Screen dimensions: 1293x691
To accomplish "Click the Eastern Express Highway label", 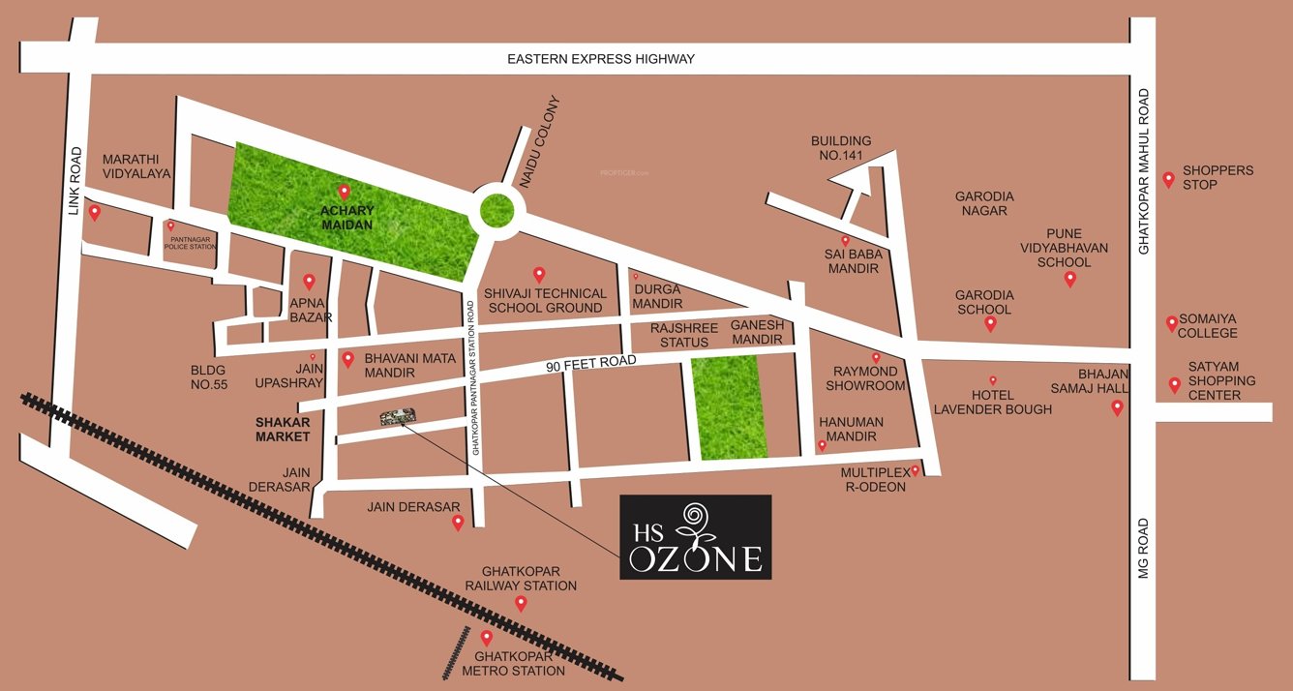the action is pos(601,59).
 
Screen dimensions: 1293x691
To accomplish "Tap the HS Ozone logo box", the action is pos(695,537).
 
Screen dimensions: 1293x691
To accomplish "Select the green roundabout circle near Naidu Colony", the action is pos(496,210).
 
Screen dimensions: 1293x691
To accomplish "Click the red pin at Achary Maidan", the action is pos(343,192).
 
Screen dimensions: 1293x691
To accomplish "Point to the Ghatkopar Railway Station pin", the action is pos(521,604).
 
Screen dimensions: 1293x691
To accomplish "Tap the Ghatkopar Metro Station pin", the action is pos(487,638).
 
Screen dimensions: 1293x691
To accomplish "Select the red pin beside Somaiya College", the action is pos(1172,323).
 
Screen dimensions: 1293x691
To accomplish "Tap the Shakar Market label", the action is pos(283,429).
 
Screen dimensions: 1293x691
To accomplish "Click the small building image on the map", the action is pos(397,417).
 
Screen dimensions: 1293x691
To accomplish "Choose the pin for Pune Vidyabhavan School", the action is pos(1069,279).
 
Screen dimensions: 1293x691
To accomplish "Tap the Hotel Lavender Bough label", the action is pos(992,402).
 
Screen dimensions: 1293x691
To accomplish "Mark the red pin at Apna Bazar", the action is pos(310,282).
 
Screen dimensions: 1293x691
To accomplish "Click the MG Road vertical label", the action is pos(1143,549).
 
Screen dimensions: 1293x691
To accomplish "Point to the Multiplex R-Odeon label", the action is pos(873,479).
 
